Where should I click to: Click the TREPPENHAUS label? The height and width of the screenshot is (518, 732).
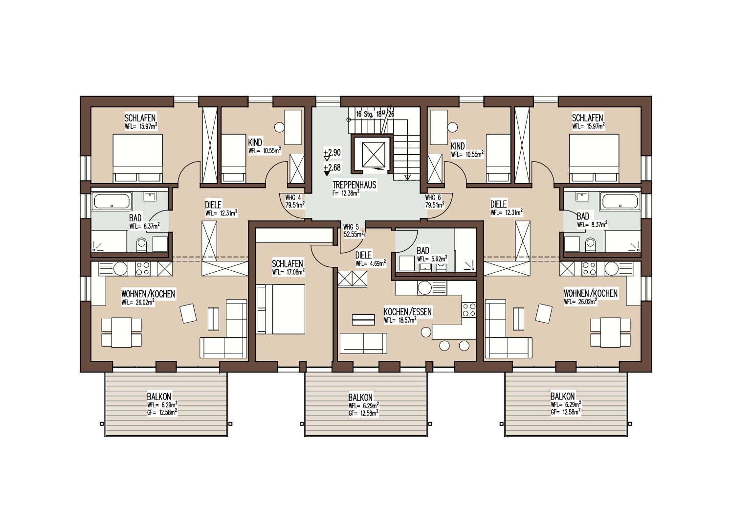click(x=354, y=185)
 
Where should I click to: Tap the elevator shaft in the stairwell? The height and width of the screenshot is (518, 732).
click(x=374, y=155)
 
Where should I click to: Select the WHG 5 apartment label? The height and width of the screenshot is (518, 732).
click(x=351, y=227)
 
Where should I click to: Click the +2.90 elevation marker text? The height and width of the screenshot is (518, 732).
click(x=332, y=152)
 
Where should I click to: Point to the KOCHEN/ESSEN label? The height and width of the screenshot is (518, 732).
click(x=407, y=312)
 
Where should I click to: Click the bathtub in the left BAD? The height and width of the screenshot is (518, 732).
click(x=112, y=201)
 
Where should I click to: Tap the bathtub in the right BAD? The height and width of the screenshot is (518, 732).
click(x=620, y=201)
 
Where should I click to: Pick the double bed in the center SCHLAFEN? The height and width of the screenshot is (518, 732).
click(x=281, y=309)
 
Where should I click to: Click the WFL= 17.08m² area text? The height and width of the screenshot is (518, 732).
click(x=288, y=272)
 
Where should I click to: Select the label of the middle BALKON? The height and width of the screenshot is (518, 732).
click(x=360, y=398)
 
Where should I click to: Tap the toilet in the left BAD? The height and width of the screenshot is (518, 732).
click(x=141, y=244)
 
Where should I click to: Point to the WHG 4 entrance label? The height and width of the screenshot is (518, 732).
click(x=293, y=198)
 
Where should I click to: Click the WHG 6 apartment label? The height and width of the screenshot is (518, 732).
click(x=433, y=198)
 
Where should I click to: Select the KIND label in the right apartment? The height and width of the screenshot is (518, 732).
click(x=458, y=146)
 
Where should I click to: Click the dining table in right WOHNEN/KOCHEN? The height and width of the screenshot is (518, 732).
click(x=610, y=332)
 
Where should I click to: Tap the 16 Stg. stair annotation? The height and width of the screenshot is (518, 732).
click(x=365, y=114)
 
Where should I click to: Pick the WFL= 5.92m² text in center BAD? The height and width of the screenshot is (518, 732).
click(x=432, y=259)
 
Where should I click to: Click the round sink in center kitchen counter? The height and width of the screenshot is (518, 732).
click(x=424, y=287)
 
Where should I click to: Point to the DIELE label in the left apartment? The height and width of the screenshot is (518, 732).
click(x=213, y=205)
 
